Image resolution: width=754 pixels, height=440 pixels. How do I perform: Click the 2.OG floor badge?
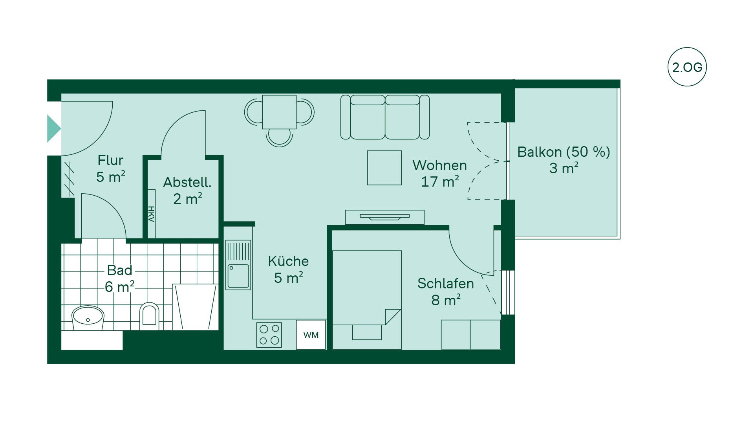coord(687,67)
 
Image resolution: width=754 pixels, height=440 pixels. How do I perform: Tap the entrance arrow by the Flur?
coord(54,128)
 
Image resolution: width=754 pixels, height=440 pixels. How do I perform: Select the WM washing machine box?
coord(311,335)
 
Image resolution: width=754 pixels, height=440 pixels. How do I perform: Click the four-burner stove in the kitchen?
coord(269,335)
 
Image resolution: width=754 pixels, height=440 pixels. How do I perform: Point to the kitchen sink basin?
coord(238,276)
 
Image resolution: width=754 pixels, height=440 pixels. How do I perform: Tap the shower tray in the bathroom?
coord(195,307)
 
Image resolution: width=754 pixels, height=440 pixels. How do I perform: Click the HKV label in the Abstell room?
coord(151,214)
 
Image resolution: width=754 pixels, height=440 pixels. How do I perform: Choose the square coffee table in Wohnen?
coord(384,168)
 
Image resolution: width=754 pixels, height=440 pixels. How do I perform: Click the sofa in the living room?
coord(385,117)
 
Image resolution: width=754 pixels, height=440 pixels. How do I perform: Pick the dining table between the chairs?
coord(279,112)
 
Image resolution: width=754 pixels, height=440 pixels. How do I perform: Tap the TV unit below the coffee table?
coord(385,217)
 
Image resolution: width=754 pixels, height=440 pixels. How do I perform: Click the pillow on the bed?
coord(367,332)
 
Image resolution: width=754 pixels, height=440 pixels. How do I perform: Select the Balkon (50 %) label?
coord(564,152)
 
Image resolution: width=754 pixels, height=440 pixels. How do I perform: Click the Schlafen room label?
coord(446,283)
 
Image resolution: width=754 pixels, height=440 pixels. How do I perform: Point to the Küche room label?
coord(288,261)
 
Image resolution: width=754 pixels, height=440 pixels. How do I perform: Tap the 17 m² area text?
coord(440,181)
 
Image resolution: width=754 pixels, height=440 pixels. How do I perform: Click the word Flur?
coord(110,160)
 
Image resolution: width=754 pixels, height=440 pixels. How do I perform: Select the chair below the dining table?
coord(279,138)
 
